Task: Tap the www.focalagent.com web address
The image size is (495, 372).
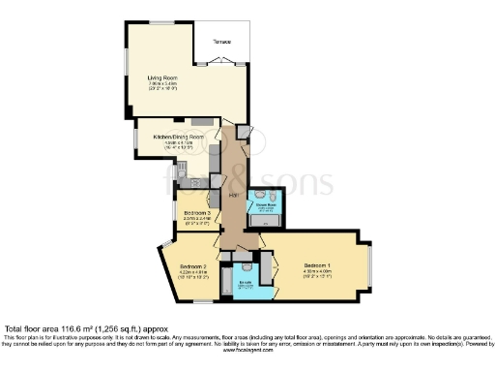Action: (x=247, y=350)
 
